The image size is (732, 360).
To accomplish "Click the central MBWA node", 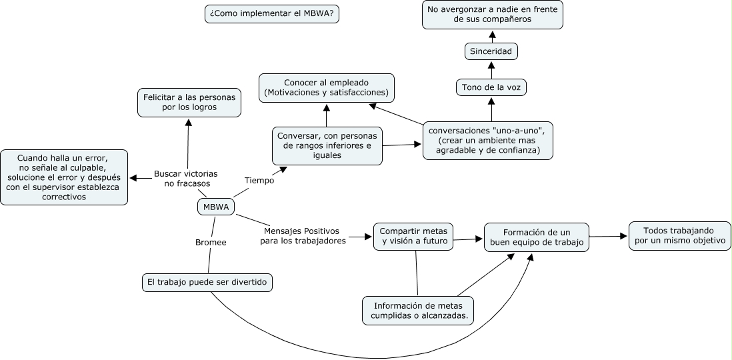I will click(215, 207).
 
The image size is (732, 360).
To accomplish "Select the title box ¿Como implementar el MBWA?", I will click(272, 13).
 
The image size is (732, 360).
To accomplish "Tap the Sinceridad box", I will click(491, 51).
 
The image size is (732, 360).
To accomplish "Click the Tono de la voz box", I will click(491, 87).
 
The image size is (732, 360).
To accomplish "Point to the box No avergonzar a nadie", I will click(493, 14).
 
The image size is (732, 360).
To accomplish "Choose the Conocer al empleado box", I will click(327, 87).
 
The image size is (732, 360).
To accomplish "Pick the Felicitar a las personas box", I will click(189, 102).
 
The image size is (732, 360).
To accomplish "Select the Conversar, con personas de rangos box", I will click(327, 145).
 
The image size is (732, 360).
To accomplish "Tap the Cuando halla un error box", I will click(63, 177).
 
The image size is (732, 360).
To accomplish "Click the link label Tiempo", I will click(259, 180).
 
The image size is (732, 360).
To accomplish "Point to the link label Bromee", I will click(211, 243).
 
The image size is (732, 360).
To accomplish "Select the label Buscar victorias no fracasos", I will click(186, 178).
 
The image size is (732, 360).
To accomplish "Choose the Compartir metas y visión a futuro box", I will click(413, 236).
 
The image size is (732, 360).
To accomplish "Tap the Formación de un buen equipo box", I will click(537, 237).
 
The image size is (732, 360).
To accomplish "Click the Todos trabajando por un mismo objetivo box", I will click(679, 235).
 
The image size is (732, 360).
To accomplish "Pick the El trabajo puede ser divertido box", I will click(208, 283).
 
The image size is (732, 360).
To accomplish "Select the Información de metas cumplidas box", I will click(418, 310).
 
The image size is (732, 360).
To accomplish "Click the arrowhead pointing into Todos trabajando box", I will click(623, 235).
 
